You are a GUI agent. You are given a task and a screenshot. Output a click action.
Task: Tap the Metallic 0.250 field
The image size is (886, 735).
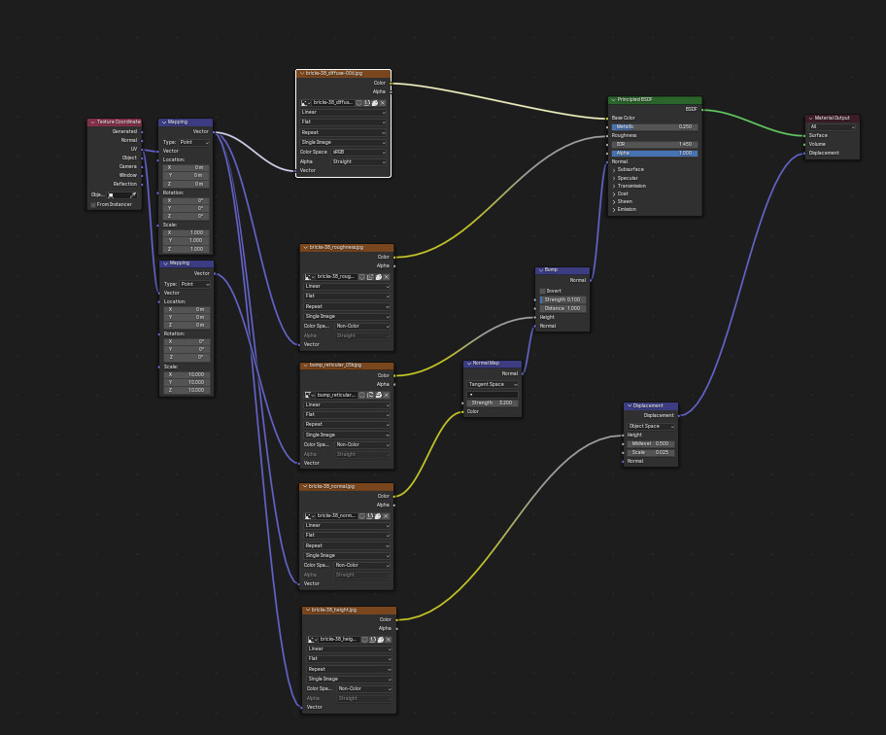(x=654, y=126)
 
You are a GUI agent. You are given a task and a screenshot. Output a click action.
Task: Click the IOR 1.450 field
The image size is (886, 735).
(x=654, y=144)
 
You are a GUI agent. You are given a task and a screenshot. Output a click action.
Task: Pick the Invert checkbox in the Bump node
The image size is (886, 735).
(x=543, y=291)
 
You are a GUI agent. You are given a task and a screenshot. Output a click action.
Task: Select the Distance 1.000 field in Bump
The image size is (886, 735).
(x=562, y=308)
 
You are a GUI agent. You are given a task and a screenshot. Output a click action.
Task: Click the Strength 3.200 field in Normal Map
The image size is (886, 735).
(x=493, y=402)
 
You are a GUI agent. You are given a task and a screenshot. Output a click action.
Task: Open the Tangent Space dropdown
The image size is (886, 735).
(x=493, y=384)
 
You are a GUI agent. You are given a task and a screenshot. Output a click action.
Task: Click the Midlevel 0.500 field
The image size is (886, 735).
(x=650, y=443)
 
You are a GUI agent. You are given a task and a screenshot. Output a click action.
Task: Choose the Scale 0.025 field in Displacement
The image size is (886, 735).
(x=650, y=452)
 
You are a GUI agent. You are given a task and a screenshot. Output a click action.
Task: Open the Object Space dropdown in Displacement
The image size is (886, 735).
(x=650, y=426)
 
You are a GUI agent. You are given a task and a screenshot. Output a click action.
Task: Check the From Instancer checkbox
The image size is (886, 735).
(x=93, y=204)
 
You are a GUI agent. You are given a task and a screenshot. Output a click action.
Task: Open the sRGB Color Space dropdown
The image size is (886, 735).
(x=359, y=152)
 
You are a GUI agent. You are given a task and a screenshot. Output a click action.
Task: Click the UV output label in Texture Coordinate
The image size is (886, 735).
(x=134, y=149)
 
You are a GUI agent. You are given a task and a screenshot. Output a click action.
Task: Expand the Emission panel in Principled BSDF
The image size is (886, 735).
(x=627, y=209)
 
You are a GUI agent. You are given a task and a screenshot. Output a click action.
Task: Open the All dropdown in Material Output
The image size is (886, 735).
(x=833, y=126)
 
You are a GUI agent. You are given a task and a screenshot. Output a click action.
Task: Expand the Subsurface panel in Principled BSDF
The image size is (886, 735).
(x=630, y=169)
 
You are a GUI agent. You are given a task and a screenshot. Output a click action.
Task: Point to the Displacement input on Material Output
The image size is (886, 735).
(x=824, y=153)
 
